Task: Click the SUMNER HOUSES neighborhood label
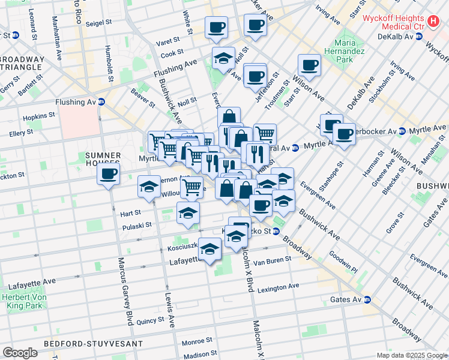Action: point(103,160)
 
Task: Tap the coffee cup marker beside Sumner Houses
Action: point(108,175)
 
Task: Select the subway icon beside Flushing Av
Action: point(101,101)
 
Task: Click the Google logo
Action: point(20,353)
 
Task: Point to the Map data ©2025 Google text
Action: point(411,355)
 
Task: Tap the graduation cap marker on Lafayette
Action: point(209,249)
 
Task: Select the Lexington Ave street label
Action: point(278,287)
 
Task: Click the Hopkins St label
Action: point(39,113)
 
